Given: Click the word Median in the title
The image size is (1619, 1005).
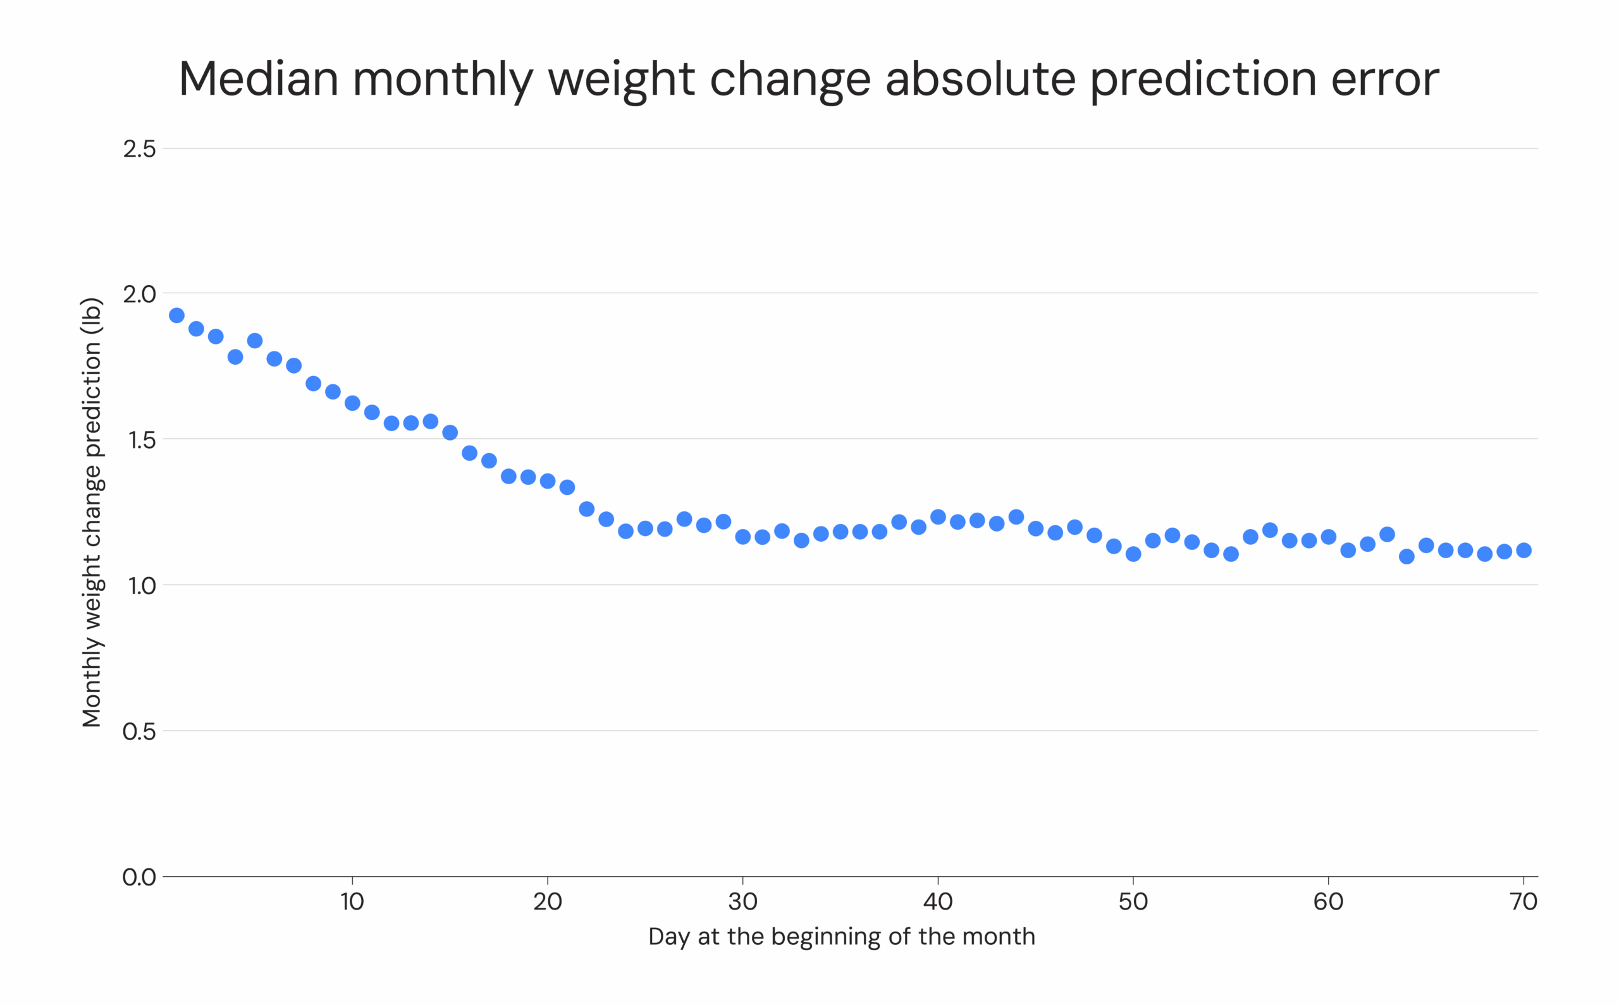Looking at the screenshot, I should [258, 78].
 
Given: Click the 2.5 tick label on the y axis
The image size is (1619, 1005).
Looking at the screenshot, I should [139, 149].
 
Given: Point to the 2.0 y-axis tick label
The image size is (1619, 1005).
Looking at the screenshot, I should [139, 294].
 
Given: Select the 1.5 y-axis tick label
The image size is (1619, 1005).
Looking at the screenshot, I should [139, 440].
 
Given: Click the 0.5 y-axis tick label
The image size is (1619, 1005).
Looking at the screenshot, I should [139, 732].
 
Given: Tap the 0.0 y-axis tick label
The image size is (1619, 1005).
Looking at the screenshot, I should [139, 877].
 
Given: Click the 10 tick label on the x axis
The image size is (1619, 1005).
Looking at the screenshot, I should [352, 902].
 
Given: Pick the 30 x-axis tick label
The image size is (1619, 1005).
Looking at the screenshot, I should [742, 902].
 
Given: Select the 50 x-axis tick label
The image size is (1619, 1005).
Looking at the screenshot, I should [1133, 902].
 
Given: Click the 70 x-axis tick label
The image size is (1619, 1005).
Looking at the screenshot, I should [1524, 902].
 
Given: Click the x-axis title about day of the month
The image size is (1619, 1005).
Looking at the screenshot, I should [841, 937].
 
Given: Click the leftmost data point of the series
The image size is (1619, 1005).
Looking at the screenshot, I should [176, 315].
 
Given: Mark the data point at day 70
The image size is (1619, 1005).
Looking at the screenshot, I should [1524, 551].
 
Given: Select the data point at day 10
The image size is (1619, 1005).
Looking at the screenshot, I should [352, 403].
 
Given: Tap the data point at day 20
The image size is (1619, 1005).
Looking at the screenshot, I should [547, 481].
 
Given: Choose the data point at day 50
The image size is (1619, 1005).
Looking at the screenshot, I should [1133, 554].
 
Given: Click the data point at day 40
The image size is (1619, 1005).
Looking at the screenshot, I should [938, 516].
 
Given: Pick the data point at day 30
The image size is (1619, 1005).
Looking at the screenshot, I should [742, 537].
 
